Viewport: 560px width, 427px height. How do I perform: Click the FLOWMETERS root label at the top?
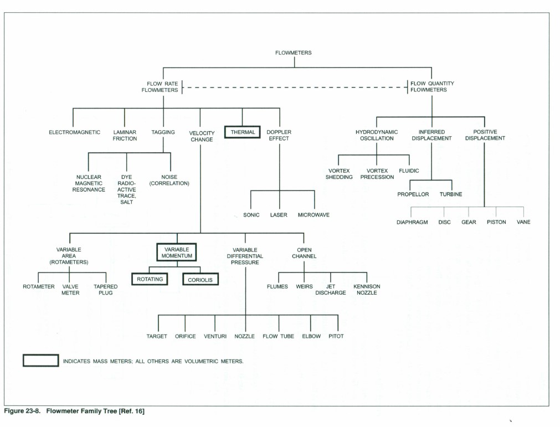coord(294,53)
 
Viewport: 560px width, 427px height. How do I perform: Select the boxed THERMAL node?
coord(242,132)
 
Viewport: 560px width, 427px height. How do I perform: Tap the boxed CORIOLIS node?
coord(201,280)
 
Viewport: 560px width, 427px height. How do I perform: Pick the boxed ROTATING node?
coord(150,279)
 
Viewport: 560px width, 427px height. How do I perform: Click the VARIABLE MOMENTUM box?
coord(176,253)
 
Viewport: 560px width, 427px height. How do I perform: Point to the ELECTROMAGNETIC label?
coord(74,132)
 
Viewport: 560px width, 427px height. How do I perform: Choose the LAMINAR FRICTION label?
coord(125,136)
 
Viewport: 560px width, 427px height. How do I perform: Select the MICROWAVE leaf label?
coord(314,215)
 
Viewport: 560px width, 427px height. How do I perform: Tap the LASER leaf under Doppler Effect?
coord(279,215)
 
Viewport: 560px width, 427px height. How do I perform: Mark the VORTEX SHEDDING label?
coord(339,174)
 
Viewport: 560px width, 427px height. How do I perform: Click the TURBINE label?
coord(451,194)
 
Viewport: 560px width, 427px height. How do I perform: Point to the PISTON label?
coord(496,222)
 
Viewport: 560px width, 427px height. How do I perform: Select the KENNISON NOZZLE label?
coord(367,290)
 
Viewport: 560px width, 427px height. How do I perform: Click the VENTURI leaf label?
coord(215,336)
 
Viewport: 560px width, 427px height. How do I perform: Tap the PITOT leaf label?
coord(336,336)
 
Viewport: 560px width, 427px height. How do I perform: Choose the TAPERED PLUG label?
coord(105,290)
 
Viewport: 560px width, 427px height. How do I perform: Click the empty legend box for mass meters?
coord(40,361)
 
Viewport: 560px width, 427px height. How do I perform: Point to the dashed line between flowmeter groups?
coord(294,87)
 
